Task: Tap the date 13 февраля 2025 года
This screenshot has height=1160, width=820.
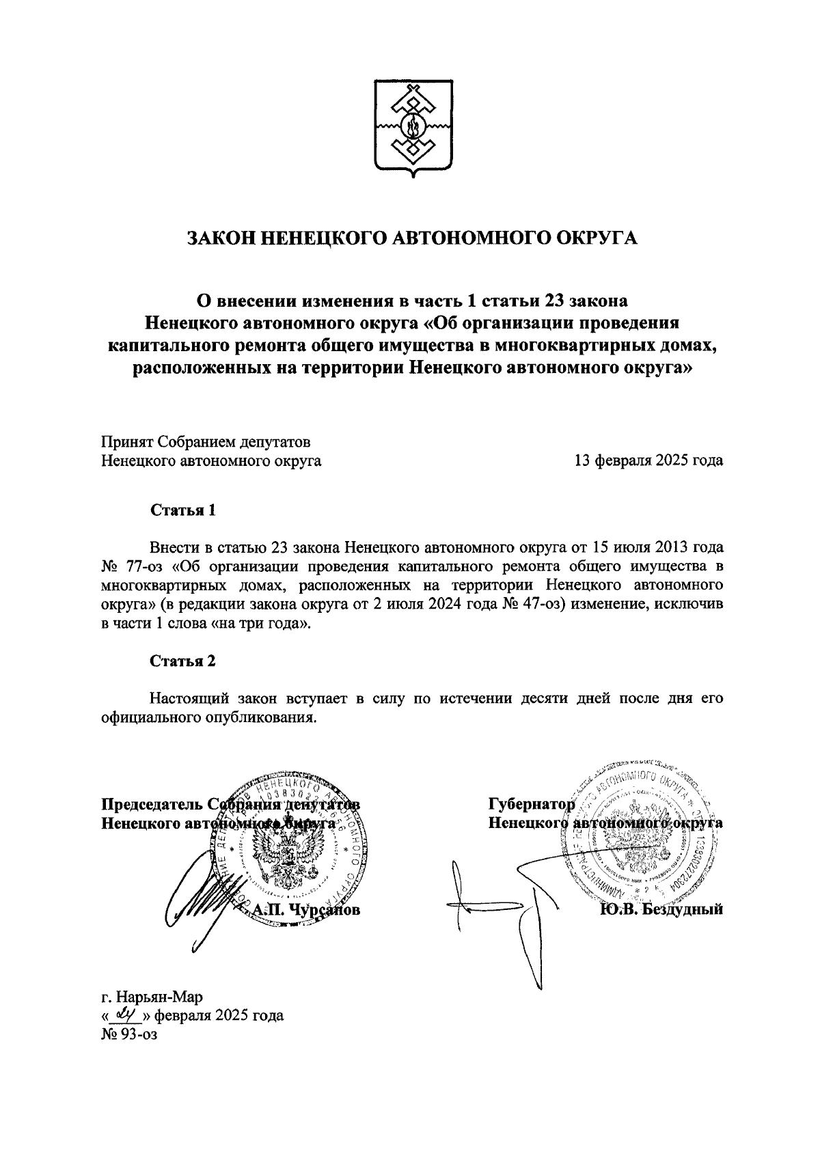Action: pyautogui.click(x=648, y=460)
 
